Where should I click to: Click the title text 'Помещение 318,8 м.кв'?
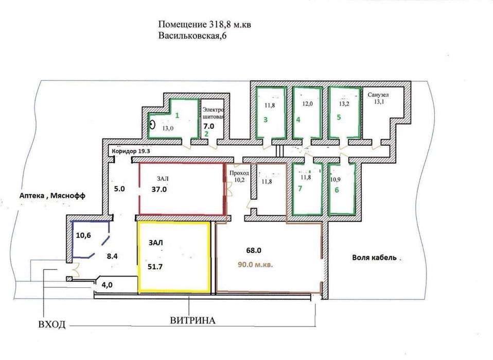click(x=205, y=25)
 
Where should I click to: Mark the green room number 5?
click(x=338, y=117)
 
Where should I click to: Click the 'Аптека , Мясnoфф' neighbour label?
click(x=45, y=195)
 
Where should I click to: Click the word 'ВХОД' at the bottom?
click(x=52, y=325)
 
